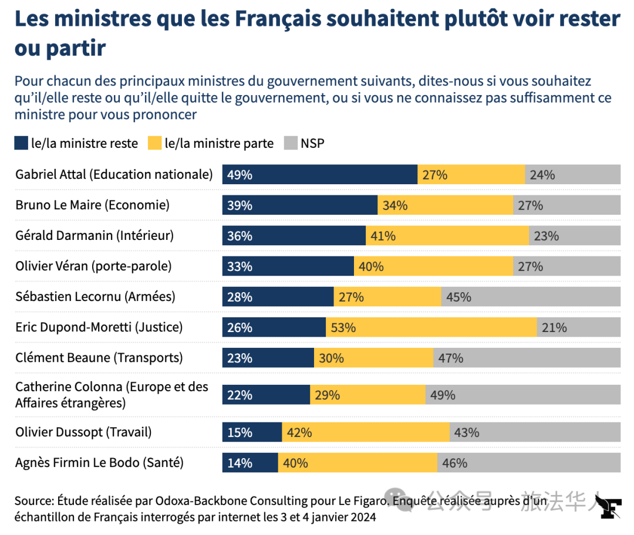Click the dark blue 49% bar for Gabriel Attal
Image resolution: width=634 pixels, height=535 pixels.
tap(320, 175)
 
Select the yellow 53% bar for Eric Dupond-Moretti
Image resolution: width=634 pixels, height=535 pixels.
tap(431, 327)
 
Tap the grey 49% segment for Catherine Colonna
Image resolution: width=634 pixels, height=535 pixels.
tap(523, 395)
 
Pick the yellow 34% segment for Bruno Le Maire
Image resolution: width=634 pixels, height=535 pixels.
tap(445, 205)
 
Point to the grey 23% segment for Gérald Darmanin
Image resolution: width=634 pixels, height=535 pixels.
tap(575, 236)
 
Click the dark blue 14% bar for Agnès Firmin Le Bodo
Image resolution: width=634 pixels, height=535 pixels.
tap(250, 463)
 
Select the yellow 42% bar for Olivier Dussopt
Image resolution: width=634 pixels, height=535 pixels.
tap(366, 432)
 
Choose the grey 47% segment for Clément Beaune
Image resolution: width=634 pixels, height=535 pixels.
tap(527, 358)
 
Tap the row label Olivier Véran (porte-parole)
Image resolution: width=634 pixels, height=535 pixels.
tap(93, 266)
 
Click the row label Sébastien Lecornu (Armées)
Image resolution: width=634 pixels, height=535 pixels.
tap(95, 297)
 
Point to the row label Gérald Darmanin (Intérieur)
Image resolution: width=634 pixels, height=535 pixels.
tap(95, 236)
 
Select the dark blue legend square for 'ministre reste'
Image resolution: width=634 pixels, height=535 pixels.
tap(21, 143)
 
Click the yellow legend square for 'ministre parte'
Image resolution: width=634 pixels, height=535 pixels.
tap(154, 143)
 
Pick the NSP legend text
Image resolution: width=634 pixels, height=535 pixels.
tap(312, 143)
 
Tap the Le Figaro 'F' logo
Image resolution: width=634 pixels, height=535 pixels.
tap(611, 506)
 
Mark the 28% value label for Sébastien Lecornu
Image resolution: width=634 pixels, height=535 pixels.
tap(240, 297)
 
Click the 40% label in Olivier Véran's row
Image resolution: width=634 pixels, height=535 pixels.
tap(371, 266)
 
